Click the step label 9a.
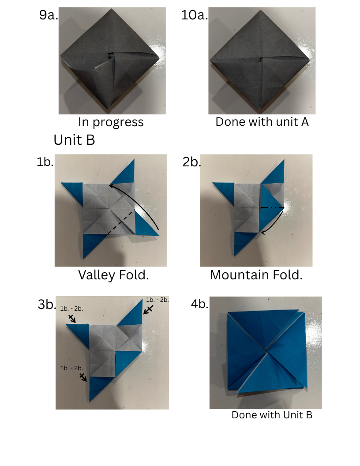[x=49, y=15]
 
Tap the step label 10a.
[x=195, y=15]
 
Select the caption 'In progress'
[x=111, y=122]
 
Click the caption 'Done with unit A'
[x=262, y=122]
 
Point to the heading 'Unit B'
[x=74, y=140]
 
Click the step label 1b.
[x=45, y=162]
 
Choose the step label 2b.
[x=191, y=162]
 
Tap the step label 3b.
[x=47, y=304]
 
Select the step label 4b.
[x=199, y=304]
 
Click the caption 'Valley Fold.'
[x=113, y=275]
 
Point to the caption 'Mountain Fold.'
[x=256, y=275]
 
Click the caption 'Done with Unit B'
[x=272, y=415]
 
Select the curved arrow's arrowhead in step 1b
[x=111, y=186]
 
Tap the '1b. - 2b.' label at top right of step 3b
[x=157, y=300]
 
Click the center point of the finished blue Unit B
[x=266, y=351]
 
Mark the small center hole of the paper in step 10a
[x=261, y=60]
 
